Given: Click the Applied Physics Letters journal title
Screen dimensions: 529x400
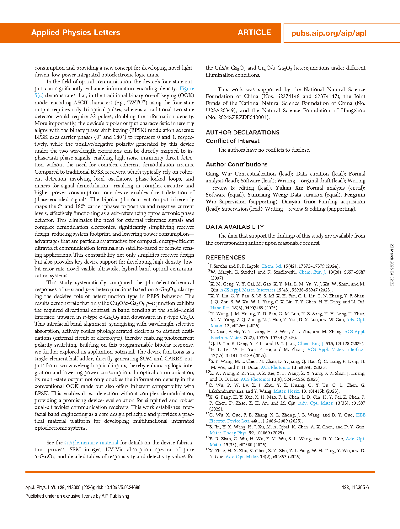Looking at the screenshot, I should (76, 33).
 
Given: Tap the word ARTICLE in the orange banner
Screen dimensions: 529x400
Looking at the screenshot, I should (254, 33).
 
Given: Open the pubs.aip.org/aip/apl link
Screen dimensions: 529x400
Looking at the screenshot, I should (328, 33).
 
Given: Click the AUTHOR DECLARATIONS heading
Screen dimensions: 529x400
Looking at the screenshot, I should (242, 133).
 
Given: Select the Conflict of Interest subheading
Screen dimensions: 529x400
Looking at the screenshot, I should (232, 141).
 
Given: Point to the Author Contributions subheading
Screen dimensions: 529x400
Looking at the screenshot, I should (237, 165).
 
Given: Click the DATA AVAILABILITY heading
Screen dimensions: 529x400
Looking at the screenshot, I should (235, 227).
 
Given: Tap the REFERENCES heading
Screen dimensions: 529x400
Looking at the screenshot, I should (225, 258).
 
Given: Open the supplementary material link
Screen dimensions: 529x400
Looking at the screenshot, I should (91, 443).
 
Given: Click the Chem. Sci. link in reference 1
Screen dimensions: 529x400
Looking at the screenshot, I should (272, 266).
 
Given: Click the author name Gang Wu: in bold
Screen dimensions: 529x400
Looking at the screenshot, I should (219, 174).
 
